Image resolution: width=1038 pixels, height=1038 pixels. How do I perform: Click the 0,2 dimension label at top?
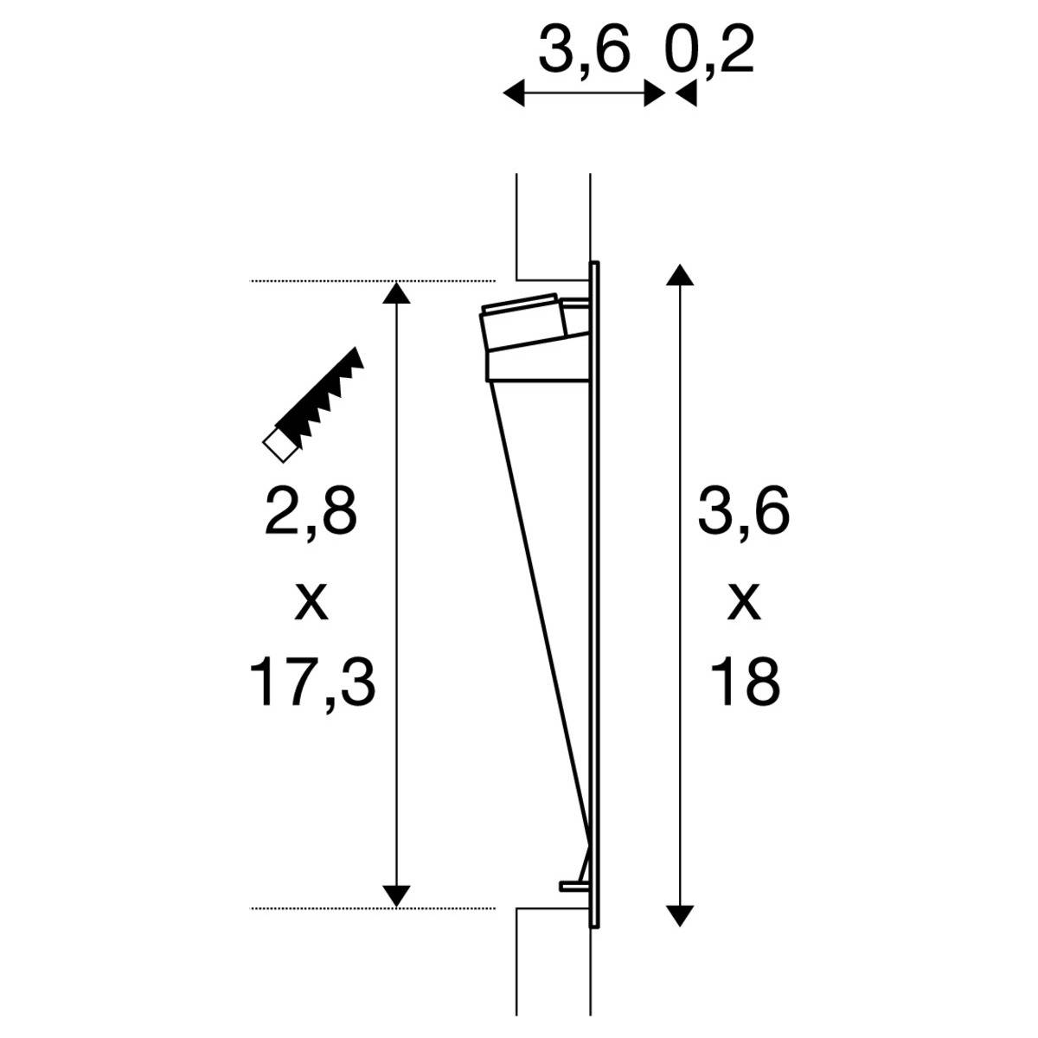click(x=709, y=54)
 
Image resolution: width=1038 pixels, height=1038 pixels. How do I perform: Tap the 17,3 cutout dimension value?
click(x=313, y=681)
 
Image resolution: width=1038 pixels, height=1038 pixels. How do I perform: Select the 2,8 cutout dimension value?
click(x=311, y=512)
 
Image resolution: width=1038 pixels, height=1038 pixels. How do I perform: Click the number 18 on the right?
click(x=746, y=681)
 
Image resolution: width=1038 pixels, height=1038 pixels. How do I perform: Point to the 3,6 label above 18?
click(x=744, y=512)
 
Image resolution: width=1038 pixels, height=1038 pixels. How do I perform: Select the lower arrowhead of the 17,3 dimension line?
click(x=396, y=896)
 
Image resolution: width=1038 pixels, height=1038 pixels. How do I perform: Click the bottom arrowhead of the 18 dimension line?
click(x=681, y=913)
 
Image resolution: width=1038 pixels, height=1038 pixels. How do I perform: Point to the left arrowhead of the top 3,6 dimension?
click(x=514, y=93)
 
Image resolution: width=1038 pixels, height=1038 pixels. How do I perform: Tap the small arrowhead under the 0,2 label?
click(x=687, y=94)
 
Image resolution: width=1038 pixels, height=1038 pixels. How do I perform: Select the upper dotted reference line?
click(x=372, y=281)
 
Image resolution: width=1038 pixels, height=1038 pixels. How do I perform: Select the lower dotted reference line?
click(x=372, y=908)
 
